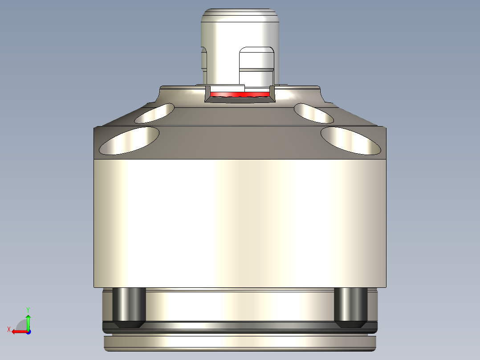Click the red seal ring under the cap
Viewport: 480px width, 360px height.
(240, 94)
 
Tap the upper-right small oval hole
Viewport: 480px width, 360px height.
(313, 113)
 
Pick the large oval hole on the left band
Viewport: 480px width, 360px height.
(129, 141)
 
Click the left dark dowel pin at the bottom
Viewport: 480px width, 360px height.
(129, 307)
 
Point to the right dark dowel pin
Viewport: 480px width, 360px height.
(350, 307)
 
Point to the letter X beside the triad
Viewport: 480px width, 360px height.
(8, 329)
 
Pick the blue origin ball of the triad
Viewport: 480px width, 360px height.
(28, 331)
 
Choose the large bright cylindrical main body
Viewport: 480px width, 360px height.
(240, 223)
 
